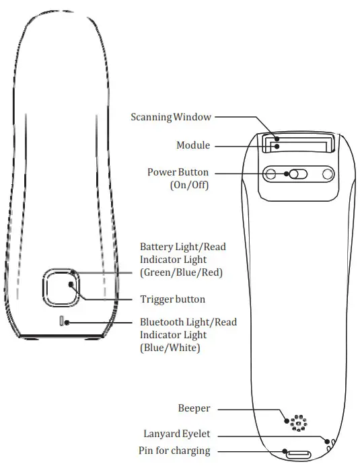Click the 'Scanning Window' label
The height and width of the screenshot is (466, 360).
170,117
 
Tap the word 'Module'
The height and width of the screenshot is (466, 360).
192,145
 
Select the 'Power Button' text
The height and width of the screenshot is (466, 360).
178,172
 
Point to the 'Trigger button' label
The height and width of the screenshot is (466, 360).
172,299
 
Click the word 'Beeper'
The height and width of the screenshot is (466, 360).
194,408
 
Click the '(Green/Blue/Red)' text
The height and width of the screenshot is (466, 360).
181,272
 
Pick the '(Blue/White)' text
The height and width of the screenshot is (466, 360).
170,348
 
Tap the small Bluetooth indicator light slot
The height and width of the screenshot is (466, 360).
63,321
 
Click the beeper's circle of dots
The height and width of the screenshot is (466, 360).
297,422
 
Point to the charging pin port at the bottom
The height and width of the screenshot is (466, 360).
296,454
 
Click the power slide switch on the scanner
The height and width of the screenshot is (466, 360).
297,175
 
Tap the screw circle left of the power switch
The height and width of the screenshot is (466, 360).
271,175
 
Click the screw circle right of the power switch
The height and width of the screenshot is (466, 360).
327,175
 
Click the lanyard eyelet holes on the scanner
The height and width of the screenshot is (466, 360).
329,441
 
